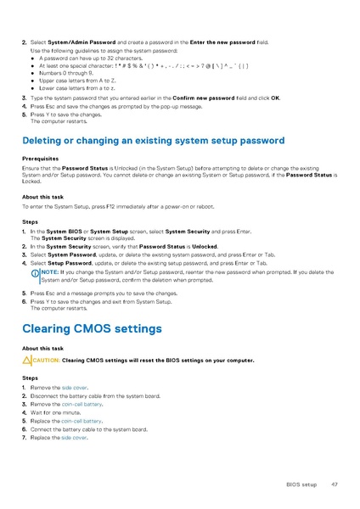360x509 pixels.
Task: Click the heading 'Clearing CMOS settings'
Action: [91, 328]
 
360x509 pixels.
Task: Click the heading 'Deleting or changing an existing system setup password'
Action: [142, 139]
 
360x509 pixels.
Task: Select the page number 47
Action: [335, 484]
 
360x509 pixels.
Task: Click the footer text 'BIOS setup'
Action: [301, 484]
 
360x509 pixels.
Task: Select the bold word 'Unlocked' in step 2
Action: [201, 246]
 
